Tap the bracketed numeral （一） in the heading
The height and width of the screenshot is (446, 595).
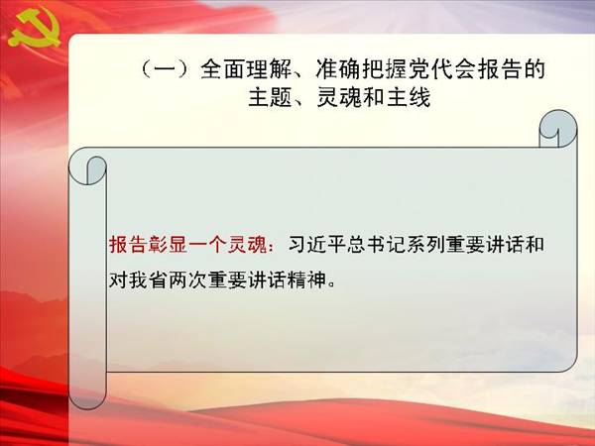pyautogui.click(x=165, y=69)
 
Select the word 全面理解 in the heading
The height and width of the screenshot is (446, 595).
pyautogui.click(x=246, y=69)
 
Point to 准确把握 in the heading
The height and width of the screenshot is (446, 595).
pyautogui.click(x=362, y=69)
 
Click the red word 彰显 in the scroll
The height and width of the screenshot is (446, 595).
pyautogui.click(x=168, y=245)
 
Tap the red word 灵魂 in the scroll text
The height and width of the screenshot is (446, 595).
pyautogui.click(x=247, y=245)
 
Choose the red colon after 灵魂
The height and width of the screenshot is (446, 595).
pyautogui.click(x=273, y=247)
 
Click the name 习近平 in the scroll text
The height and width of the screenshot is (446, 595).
pyautogui.click(x=317, y=245)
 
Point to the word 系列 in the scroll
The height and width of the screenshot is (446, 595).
pyautogui.click(x=426, y=245)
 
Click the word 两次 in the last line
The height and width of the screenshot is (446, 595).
pyautogui.click(x=187, y=280)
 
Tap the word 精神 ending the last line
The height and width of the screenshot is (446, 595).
pyautogui.click(x=306, y=280)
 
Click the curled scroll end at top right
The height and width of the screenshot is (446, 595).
pyautogui.click(x=557, y=129)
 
